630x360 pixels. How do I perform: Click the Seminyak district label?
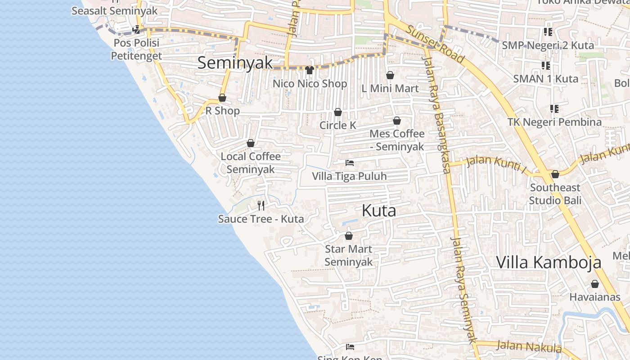point(235,63)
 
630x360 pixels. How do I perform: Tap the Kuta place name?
point(379,211)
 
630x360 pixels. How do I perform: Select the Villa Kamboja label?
point(549,262)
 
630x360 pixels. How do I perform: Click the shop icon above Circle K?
point(338,112)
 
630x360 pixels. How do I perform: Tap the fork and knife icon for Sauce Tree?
point(261,206)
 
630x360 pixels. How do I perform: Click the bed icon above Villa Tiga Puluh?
point(350,162)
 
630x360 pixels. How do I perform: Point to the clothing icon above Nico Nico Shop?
point(310,70)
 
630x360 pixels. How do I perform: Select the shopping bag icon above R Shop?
point(222,98)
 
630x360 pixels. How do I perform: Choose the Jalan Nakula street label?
point(529,346)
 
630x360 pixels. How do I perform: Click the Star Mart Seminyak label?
point(349,255)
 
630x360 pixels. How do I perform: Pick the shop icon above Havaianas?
point(595,284)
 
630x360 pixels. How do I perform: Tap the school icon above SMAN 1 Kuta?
point(546,66)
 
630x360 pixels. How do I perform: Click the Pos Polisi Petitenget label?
point(136,49)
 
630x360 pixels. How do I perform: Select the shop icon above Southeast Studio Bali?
point(555,174)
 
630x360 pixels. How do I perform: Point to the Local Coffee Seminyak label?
point(251,162)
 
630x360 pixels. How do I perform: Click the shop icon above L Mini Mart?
point(390,75)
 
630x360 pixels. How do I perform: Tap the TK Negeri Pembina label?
point(554,122)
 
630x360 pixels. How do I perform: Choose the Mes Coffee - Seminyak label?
point(397,140)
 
